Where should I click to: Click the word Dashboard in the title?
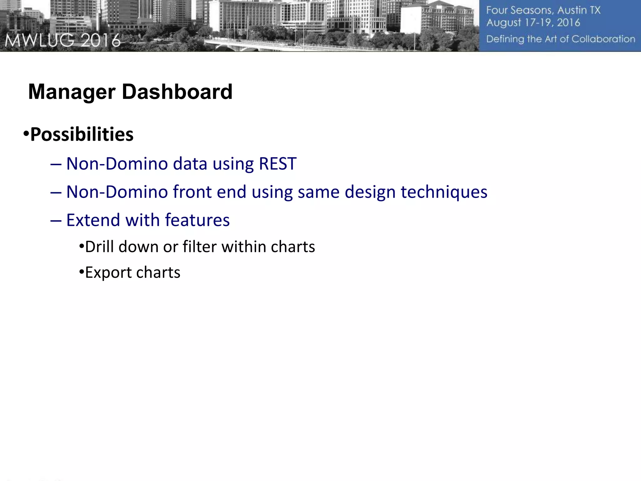click(x=177, y=92)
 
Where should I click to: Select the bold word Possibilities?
click(x=82, y=135)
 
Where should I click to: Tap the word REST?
click(x=278, y=164)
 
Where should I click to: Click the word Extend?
click(x=93, y=220)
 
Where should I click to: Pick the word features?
click(x=197, y=220)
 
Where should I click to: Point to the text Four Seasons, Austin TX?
click(x=543, y=10)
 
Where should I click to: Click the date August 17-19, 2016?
click(x=533, y=23)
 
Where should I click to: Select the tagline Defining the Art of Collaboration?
click(x=561, y=39)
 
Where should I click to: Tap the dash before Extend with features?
click(x=56, y=220)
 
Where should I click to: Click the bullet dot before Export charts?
click(x=81, y=272)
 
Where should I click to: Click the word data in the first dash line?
click(x=190, y=164)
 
